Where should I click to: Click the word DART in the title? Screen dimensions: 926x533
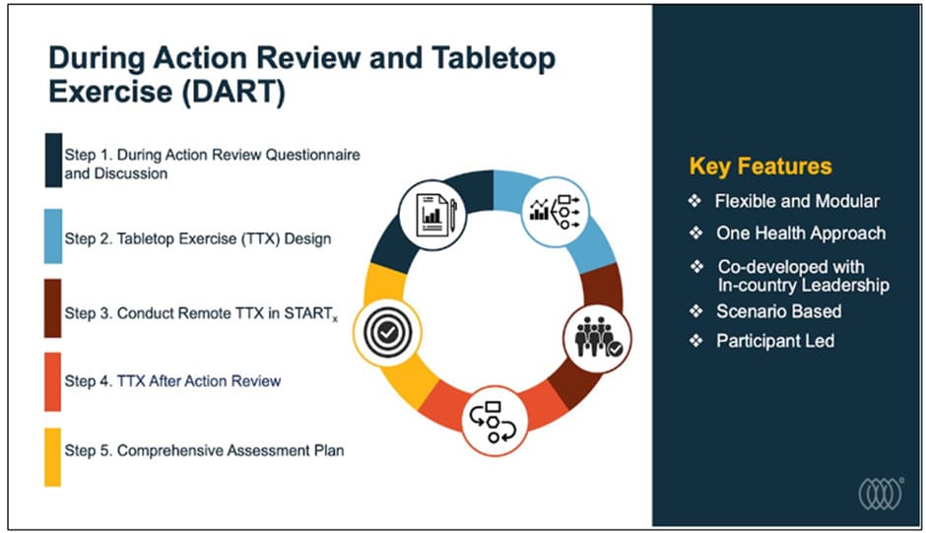pos(233,92)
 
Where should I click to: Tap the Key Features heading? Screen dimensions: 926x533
pos(761,167)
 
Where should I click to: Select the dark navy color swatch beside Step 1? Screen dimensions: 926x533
pos(53,161)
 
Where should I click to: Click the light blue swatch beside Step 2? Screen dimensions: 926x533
pos(53,235)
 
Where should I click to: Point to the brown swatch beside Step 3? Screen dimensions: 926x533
pos(53,308)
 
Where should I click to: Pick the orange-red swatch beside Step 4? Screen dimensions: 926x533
pos(53,381)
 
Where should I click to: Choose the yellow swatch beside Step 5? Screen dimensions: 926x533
pos(53,457)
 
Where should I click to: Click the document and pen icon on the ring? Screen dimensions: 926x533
pos(432,215)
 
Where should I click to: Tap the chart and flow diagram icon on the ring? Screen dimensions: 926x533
pos(556,211)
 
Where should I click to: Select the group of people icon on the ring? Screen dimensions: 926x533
pos(597,338)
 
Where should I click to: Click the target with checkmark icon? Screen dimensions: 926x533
pos(387,333)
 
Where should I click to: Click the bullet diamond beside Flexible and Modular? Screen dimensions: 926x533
pos(695,201)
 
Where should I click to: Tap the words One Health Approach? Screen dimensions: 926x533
pos(801,233)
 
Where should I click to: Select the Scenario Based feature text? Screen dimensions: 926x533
pos(779,311)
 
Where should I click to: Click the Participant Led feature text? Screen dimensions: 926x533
pos(775,341)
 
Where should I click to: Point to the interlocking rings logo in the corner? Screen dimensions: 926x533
pos(881,494)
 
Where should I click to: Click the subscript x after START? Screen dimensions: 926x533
pos(336,319)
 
